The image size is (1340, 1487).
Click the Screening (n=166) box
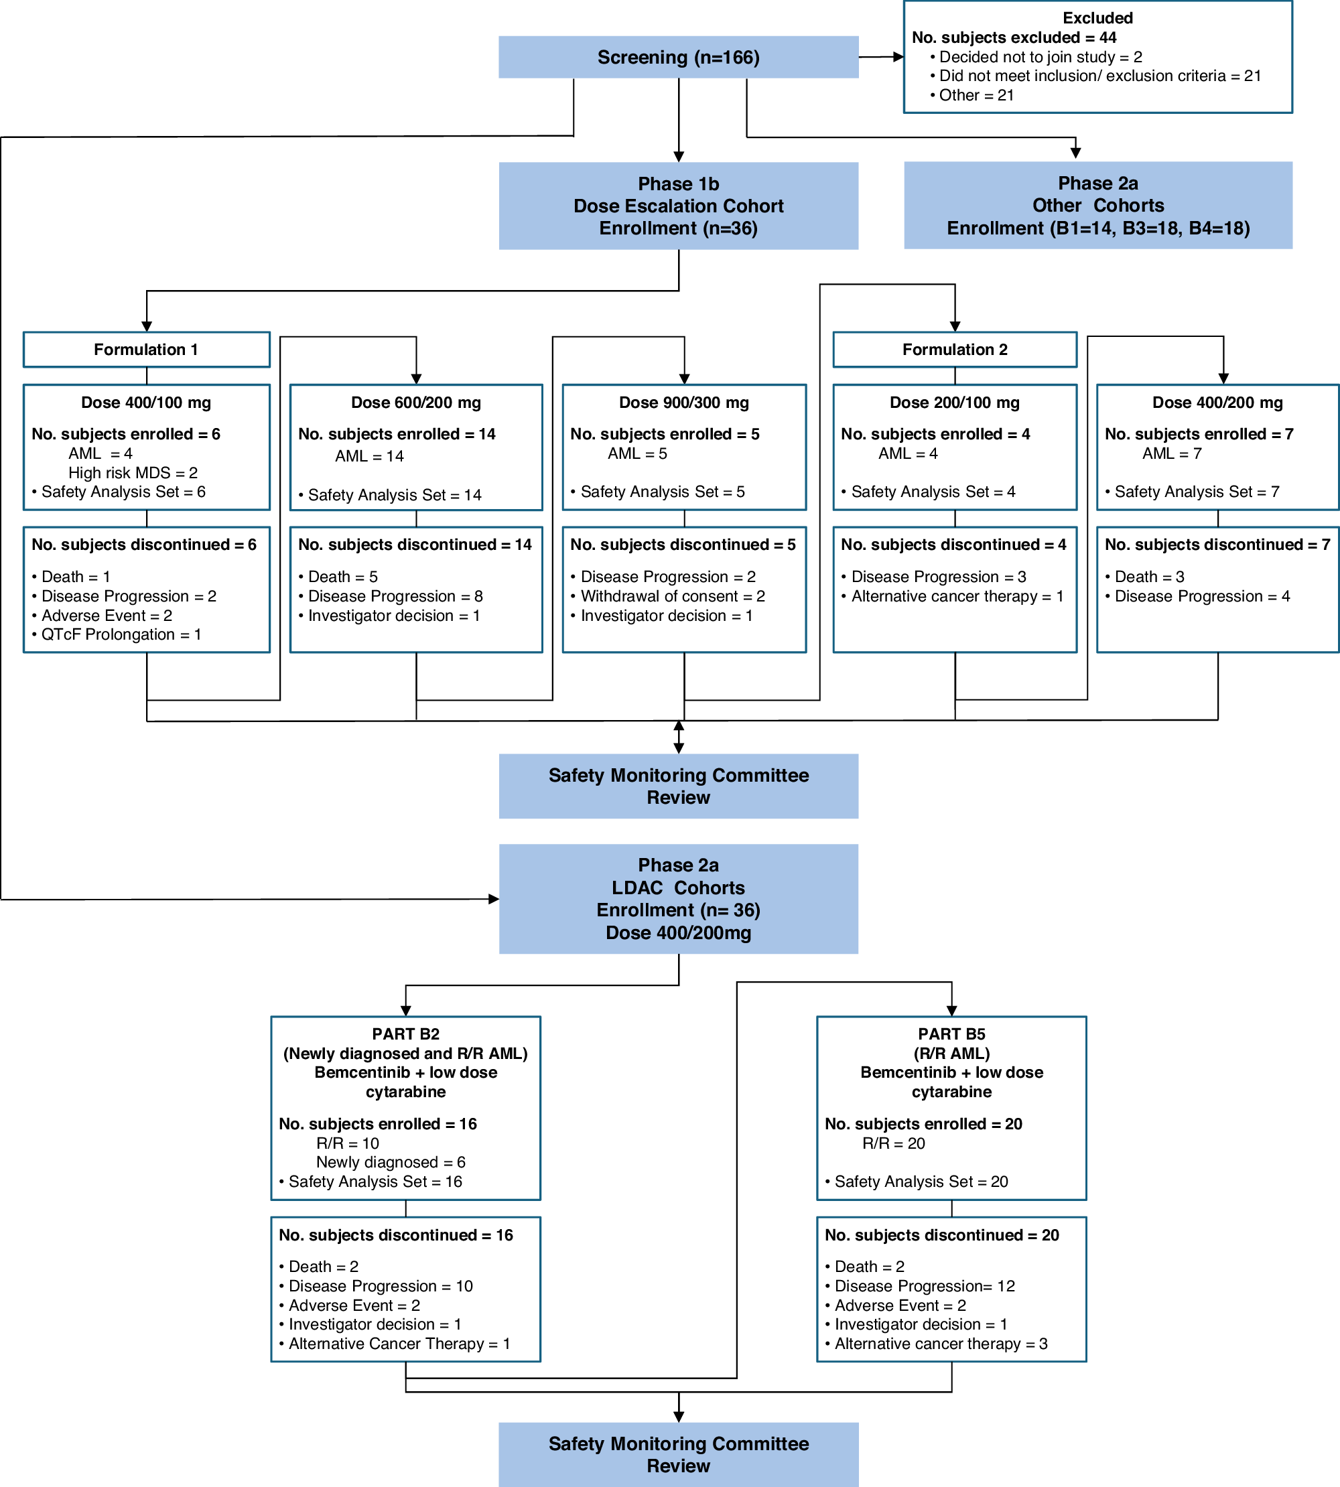pyautogui.click(x=678, y=58)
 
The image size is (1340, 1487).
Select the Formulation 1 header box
pyautogui.click(x=146, y=350)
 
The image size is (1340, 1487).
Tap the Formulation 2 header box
pyautogui.click(x=954, y=350)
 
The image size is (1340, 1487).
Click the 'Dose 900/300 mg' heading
pyautogui.click(x=683, y=403)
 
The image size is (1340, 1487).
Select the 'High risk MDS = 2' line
pyautogui.click(x=133, y=473)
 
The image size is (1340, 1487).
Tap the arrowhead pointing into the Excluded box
pyautogui.click(x=898, y=57)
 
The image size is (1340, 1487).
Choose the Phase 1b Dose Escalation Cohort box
pyautogui.click(x=678, y=206)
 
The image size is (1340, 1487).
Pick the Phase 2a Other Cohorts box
pyautogui.click(x=1097, y=206)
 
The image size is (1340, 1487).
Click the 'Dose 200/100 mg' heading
pyautogui.click(x=954, y=403)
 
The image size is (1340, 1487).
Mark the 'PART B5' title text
pyautogui.click(x=951, y=1034)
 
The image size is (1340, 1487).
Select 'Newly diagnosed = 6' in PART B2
pyautogui.click(x=390, y=1161)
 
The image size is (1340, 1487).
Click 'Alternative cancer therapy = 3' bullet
pyautogui.click(x=940, y=1344)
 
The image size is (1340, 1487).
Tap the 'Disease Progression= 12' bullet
pyautogui.click(x=924, y=1286)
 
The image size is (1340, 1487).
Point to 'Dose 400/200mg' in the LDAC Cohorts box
pyautogui.click(x=678, y=932)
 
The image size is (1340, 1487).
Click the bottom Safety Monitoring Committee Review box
pyautogui.click(x=678, y=1454)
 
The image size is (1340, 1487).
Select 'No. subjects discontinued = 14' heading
pyautogui.click(x=415, y=545)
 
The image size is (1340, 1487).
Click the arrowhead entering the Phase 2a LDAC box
pyautogui.click(x=493, y=899)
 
